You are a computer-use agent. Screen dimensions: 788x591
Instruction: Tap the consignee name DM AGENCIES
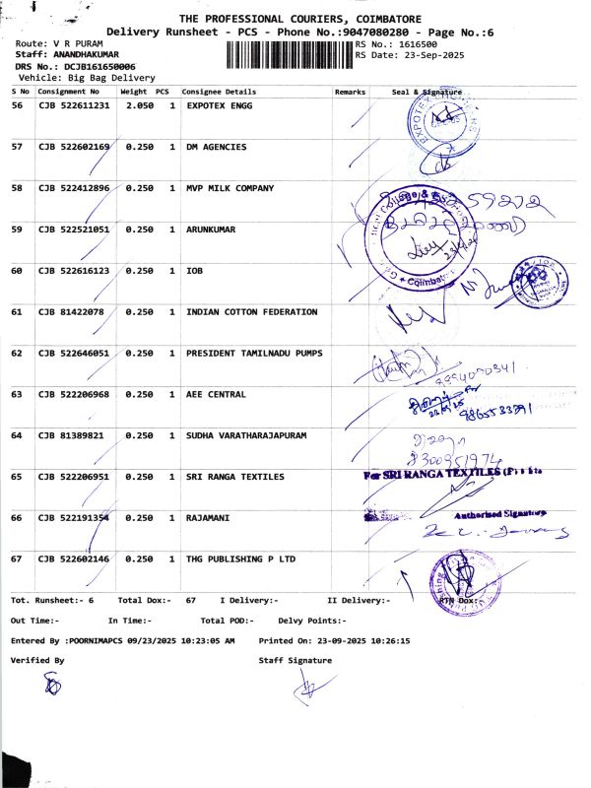[x=217, y=147]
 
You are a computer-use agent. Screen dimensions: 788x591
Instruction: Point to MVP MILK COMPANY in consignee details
[x=230, y=188]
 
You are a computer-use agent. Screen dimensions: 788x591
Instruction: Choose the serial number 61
[x=17, y=312]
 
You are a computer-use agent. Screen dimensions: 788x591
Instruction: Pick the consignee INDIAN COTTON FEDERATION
[x=252, y=312]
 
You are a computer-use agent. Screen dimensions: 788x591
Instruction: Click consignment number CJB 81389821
[x=72, y=435]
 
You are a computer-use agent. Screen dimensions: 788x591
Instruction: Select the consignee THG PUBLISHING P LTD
[x=241, y=558]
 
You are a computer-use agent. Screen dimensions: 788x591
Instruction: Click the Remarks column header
[x=350, y=92]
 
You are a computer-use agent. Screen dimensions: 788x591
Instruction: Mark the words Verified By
[x=37, y=660]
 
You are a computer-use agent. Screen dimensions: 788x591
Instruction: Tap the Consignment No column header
[x=68, y=92]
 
